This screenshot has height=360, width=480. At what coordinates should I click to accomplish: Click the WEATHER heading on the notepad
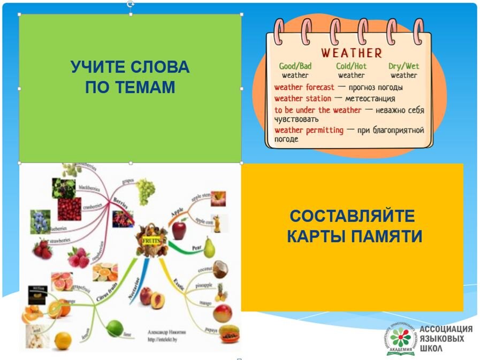click(x=351, y=53)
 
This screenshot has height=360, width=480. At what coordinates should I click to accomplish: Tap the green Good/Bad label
click(x=295, y=66)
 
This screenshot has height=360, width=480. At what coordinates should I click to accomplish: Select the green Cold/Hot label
click(x=351, y=66)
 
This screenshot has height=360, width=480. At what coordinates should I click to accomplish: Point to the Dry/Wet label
click(x=403, y=66)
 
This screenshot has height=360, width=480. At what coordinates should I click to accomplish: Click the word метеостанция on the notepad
click(x=370, y=98)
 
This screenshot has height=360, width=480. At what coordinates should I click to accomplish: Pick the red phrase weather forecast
click(x=304, y=87)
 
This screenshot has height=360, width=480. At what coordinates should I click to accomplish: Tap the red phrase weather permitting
click(x=309, y=130)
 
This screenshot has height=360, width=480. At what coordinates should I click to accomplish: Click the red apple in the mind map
click(x=179, y=231)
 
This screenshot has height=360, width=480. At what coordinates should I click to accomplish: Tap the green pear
click(x=209, y=247)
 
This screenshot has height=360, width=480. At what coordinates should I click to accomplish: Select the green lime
click(x=113, y=327)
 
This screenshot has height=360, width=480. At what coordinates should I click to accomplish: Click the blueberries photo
click(x=41, y=220)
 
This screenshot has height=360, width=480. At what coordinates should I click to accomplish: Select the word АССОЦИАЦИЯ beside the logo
click(x=446, y=330)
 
